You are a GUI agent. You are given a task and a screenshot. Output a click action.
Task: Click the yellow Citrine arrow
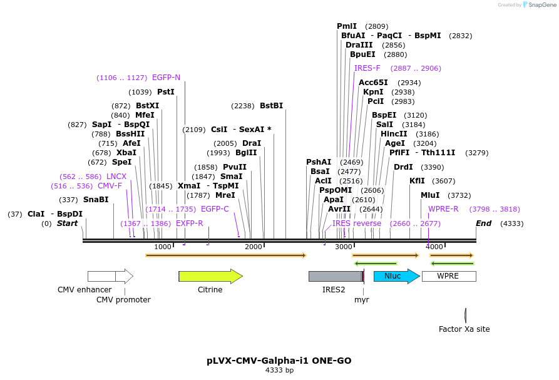pyautogui.click(x=210, y=276)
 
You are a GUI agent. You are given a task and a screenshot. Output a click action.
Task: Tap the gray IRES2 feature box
pyautogui.click(x=335, y=276)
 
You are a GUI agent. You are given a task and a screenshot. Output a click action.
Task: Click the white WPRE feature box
pyautogui.click(x=448, y=276)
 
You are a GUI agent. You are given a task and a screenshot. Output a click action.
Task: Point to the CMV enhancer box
pyautogui.click(x=101, y=276)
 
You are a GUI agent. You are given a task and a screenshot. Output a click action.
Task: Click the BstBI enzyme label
pyautogui.click(x=271, y=106)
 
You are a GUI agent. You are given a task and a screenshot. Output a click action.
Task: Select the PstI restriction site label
pyautogui.click(x=166, y=91)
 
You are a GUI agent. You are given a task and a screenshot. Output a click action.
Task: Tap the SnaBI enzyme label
pyautogui.click(x=96, y=200)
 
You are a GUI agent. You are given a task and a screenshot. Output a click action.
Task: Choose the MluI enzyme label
pyautogui.click(x=430, y=195)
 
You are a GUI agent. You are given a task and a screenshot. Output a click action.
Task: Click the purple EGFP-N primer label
pyautogui.click(x=166, y=78)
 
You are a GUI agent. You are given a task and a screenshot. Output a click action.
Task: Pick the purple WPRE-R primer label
pyautogui.click(x=443, y=209)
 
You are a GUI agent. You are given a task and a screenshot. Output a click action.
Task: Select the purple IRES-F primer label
pyautogui.click(x=367, y=68)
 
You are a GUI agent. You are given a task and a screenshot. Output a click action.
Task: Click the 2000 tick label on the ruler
pyautogui.click(x=253, y=247)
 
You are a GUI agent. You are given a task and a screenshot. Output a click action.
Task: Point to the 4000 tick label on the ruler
pyautogui.click(x=434, y=247)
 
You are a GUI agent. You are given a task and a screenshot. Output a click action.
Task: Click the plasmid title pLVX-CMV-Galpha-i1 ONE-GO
pyautogui.click(x=279, y=361)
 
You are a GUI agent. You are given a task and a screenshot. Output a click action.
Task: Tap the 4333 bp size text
pyautogui.click(x=279, y=371)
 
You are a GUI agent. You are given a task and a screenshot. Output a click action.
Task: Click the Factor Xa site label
pyautogui.click(x=464, y=329)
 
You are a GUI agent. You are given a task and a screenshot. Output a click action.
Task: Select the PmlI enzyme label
pyautogui.click(x=347, y=26)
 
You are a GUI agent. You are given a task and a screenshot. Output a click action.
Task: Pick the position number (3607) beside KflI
pyautogui.click(x=444, y=181)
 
